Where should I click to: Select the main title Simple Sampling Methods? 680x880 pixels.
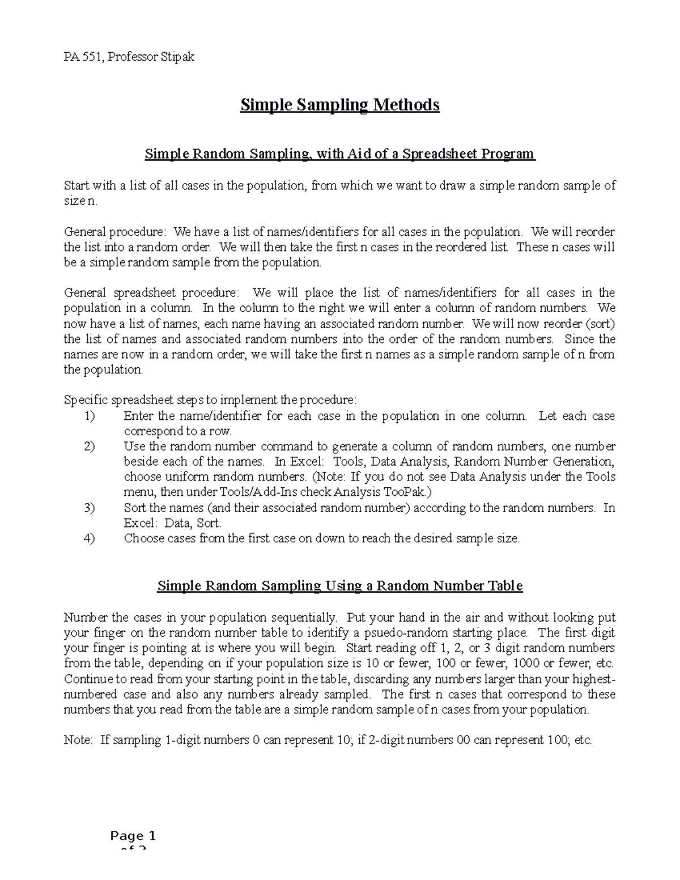point(340,105)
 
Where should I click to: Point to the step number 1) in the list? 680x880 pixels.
point(90,416)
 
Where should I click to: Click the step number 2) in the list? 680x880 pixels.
point(90,447)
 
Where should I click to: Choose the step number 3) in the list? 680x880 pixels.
point(90,508)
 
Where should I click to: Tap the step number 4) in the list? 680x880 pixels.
point(90,538)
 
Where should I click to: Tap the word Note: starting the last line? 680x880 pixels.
point(79,740)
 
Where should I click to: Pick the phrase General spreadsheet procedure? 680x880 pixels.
point(151,294)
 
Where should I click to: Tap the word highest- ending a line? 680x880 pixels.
point(593,679)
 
